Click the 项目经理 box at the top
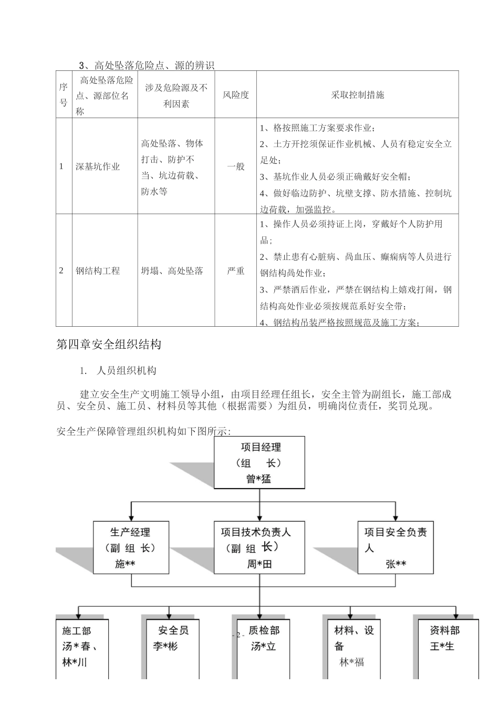[259, 462]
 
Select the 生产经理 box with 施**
[131, 547]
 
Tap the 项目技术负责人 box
[259, 547]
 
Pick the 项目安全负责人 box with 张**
[396, 547]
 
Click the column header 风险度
[235, 95]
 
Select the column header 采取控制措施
[357, 95]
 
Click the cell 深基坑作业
[98, 167]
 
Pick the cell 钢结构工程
[98, 271]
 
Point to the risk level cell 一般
[235, 167]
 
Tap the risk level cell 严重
[235, 271]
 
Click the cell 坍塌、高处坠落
[172, 271]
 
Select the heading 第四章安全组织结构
[109, 345]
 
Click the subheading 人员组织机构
[127, 371]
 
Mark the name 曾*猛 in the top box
[259, 479]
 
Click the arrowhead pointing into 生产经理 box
[131, 517]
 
